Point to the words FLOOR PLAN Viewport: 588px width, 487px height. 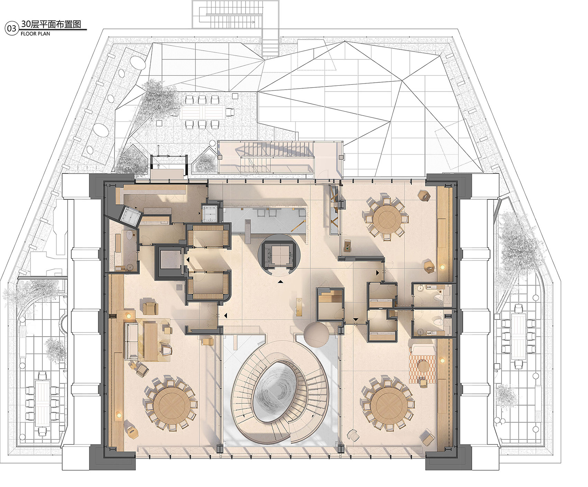(35, 34)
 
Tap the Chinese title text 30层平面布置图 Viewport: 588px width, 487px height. (51, 24)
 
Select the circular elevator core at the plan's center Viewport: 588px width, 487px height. (279, 255)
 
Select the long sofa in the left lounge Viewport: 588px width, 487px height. (132, 341)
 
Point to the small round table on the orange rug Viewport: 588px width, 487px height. (423, 366)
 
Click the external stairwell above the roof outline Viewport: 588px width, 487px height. (236, 14)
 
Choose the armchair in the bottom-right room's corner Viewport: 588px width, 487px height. (428, 439)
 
